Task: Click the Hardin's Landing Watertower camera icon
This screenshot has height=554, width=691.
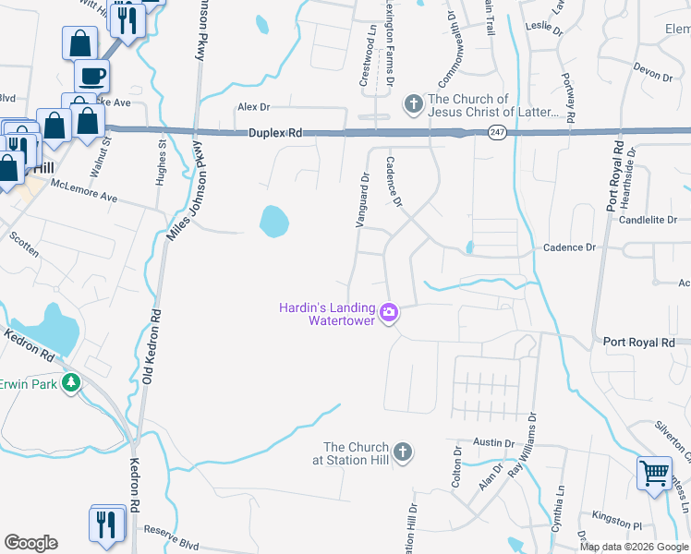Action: [x=389, y=314]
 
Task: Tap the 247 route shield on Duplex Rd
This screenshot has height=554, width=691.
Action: [x=496, y=132]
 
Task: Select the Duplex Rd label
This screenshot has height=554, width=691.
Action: [x=275, y=133]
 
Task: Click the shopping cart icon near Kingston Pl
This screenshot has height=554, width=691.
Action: [x=654, y=474]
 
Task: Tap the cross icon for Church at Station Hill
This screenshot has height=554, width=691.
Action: [x=401, y=452]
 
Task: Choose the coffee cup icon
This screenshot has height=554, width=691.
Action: [x=92, y=75]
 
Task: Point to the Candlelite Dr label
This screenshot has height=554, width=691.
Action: [x=649, y=220]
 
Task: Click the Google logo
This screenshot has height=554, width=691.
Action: [x=30, y=543]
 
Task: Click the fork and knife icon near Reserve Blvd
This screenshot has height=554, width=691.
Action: [x=107, y=523]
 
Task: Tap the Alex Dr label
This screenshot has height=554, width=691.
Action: [x=253, y=107]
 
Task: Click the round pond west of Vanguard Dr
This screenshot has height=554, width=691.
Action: [x=274, y=221]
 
